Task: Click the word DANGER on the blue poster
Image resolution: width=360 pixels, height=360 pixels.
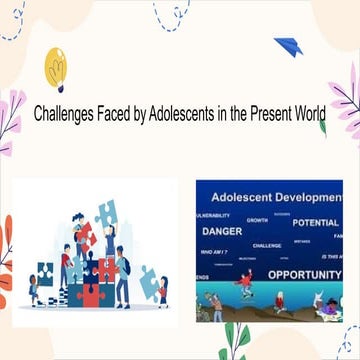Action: click(x=223, y=231)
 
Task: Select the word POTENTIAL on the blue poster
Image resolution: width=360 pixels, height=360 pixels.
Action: click(x=315, y=222)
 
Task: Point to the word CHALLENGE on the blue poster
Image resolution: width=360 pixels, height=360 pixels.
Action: click(x=267, y=245)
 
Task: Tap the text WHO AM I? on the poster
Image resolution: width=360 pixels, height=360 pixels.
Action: click(x=214, y=252)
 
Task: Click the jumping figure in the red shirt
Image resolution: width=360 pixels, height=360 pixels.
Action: click(x=246, y=283)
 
